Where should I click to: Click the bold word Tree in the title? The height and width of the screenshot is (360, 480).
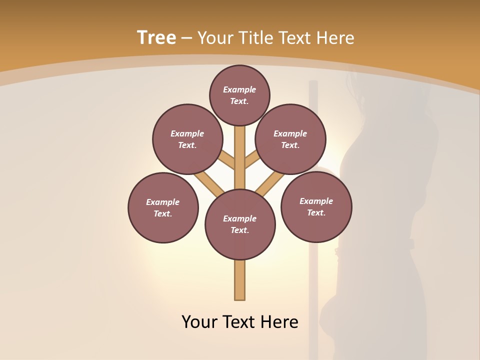(156, 37)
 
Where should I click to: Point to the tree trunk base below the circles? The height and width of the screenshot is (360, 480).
(240, 280)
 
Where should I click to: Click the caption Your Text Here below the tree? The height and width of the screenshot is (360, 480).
(240, 321)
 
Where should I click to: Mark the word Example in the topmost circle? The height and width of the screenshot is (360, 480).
(239, 89)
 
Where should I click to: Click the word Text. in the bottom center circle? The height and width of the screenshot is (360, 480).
(239, 230)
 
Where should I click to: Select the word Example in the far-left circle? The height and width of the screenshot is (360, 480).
(162, 202)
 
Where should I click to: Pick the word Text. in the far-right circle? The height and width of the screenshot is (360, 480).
(316, 212)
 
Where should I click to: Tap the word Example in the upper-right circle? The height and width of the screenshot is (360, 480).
(290, 133)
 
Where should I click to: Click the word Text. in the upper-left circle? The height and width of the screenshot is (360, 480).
(187, 145)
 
